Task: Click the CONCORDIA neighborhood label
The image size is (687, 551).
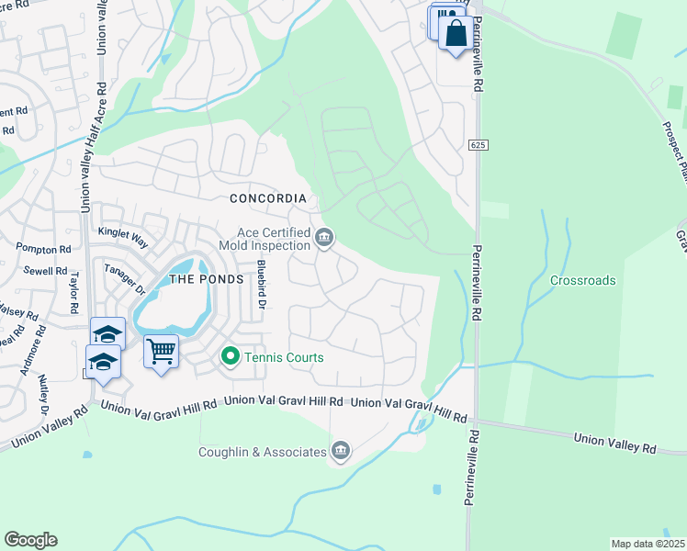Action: coord(267,198)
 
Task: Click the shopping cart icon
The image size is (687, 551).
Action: coord(162,351)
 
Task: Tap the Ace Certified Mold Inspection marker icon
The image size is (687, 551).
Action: coord(323,239)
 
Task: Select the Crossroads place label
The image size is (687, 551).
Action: coord(582,280)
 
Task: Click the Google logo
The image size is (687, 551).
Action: coord(30,540)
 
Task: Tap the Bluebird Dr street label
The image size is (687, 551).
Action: coord(261,285)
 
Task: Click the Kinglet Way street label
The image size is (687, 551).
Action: coord(122,237)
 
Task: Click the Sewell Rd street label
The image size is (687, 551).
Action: coord(48,271)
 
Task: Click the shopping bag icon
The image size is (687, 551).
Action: coord(456,34)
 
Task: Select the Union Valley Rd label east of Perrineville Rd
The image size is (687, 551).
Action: coord(614,444)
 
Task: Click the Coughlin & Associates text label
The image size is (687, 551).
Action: coord(263,452)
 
